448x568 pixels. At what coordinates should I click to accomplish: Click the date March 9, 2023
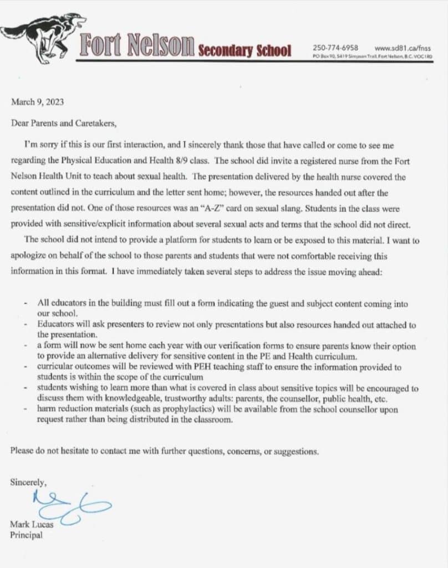(37, 102)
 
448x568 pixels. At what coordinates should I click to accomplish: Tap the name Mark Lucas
(29, 524)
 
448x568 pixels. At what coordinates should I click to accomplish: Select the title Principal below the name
(26, 535)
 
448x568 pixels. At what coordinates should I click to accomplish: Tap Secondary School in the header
(245, 51)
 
